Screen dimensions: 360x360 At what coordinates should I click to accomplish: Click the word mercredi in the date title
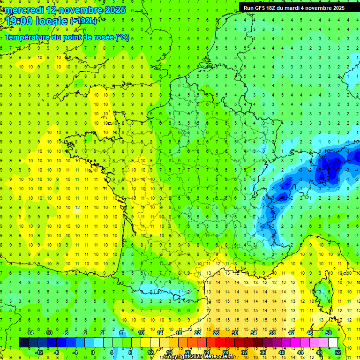pos(24,10)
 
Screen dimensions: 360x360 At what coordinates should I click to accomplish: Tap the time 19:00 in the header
pos(19,21)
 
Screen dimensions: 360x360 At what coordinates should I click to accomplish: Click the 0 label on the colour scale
pos(92,352)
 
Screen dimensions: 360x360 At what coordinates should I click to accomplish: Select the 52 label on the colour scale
pos(338,352)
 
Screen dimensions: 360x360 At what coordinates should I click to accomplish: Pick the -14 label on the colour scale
pos(29,333)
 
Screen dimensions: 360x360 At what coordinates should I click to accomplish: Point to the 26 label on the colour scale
pos(216,333)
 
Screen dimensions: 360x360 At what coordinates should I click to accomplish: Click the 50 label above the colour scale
pos(329,333)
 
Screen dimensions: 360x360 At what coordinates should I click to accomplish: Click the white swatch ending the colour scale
pos(333,343)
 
